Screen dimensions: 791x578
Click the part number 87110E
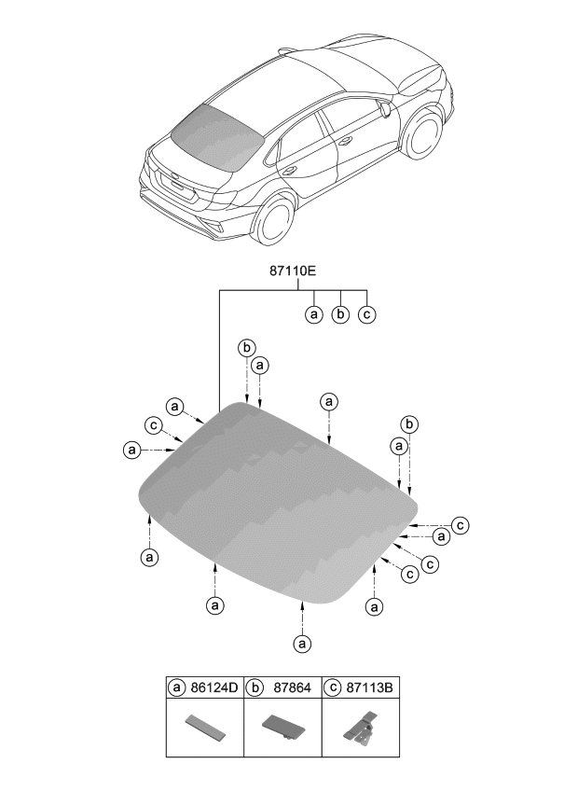coord(292,271)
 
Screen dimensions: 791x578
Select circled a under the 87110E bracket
coord(314,315)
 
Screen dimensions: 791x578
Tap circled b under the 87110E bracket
coord(340,315)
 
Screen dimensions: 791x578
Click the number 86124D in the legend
coord(214,689)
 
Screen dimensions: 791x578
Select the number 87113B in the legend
coord(370,689)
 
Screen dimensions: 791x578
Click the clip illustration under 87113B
coord(359,729)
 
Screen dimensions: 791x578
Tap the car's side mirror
coord(384,109)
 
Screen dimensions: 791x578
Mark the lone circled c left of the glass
coord(152,425)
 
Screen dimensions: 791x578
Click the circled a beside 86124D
coord(177,689)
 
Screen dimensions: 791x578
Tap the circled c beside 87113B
coord(333,689)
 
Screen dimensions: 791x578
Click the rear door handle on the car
coord(290,170)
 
